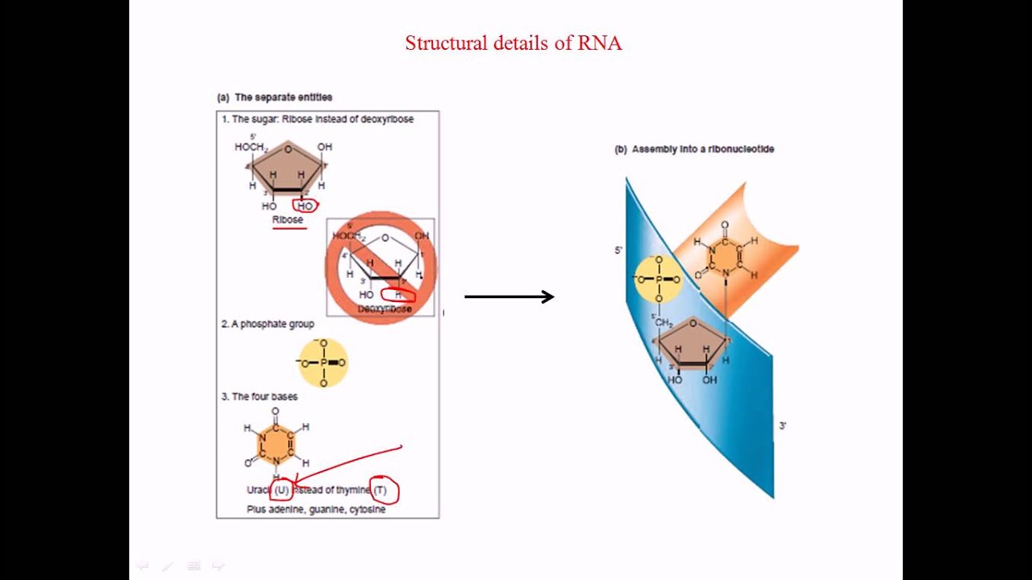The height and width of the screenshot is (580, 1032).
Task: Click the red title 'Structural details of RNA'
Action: point(513,43)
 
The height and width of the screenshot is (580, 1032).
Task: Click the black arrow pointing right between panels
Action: point(510,296)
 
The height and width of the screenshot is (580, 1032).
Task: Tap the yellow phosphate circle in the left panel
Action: point(323,362)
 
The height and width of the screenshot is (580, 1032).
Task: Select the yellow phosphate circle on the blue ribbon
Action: point(659,279)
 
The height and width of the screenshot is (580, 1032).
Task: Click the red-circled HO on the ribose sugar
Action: point(305,206)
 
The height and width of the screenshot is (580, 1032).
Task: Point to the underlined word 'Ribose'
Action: point(288,220)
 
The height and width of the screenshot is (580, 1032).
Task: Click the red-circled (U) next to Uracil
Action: point(281,490)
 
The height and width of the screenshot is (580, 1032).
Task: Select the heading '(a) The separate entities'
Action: point(275,97)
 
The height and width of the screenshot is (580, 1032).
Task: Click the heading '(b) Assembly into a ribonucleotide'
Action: point(694,149)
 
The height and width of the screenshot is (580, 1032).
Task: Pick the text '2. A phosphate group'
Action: point(268,324)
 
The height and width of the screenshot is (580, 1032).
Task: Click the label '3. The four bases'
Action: point(260,396)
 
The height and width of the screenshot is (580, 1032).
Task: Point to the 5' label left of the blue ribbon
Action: point(618,251)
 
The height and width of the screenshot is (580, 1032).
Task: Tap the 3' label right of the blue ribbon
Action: point(782,425)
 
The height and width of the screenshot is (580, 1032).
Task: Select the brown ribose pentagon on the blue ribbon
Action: point(693,344)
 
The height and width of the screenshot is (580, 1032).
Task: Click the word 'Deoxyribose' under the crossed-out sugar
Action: point(385,309)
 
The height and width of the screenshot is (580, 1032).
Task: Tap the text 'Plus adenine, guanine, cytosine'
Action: point(316,510)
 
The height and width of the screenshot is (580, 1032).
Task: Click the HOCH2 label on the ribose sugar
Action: point(250,147)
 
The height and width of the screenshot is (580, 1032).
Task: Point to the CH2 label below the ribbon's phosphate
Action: point(664,323)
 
